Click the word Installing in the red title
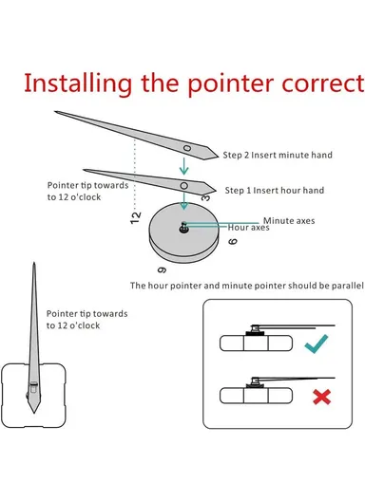click(78, 83)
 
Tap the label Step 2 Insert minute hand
click(278, 156)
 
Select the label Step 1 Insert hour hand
click(275, 191)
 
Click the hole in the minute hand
click(187, 148)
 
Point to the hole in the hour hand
click(183, 186)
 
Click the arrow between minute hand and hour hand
click(183, 166)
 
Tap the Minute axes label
click(289, 221)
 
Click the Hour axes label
click(248, 228)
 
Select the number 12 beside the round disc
click(136, 218)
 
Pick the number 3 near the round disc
click(206, 198)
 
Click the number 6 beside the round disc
click(233, 241)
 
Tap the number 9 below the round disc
click(162, 270)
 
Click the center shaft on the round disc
click(183, 228)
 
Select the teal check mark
click(317, 343)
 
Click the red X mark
click(322, 398)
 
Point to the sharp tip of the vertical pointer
click(34, 263)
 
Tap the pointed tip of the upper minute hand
click(55, 112)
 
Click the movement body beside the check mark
click(256, 343)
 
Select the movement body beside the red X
click(256, 396)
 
